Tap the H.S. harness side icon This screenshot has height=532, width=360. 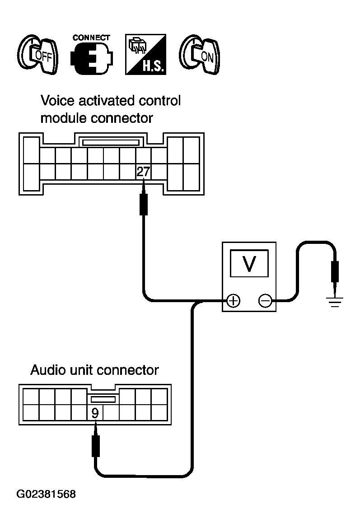(x=145, y=54)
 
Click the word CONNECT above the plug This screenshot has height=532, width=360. (x=91, y=37)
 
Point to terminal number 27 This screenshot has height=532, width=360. (x=143, y=172)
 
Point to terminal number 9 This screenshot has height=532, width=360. (x=95, y=413)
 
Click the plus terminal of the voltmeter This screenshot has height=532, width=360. (x=233, y=301)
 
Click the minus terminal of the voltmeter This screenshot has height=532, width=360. (x=265, y=301)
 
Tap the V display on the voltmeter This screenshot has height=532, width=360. (x=249, y=263)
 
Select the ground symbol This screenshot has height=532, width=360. (x=335, y=302)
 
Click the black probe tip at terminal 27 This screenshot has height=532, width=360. (x=144, y=186)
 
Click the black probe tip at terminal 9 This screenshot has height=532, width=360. (x=96, y=428)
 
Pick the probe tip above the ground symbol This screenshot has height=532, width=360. (x=335, y=289)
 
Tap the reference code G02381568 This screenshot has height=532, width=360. (x=46, y=494)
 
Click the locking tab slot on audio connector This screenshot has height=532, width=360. (x=103, y=399)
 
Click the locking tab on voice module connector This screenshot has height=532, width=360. (x=111, y=141)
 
